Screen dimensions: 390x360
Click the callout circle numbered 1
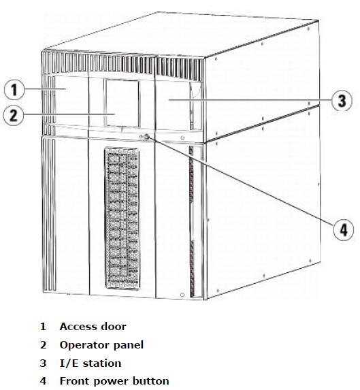[x=14, y=89]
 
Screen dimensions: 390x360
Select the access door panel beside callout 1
[x=68, y=102]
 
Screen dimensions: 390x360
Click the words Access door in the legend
[x=93, y=327]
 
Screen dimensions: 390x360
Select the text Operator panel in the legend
[x=101, y=345]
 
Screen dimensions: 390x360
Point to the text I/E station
[x=90, y=363]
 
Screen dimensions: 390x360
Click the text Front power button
[x=114, y=380]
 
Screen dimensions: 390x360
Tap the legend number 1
[x=43, y=327]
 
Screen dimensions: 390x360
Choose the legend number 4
[x=43, y=380]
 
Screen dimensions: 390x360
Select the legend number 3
[x=43, y=363]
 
